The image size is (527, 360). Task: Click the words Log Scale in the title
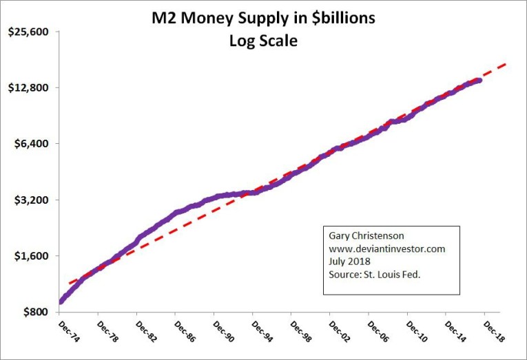(x=263, y=41)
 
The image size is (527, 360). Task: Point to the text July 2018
(x=349, y=262)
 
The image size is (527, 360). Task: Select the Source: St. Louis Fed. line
(x=374, y=275)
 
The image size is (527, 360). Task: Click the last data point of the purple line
(x=479, y=81)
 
